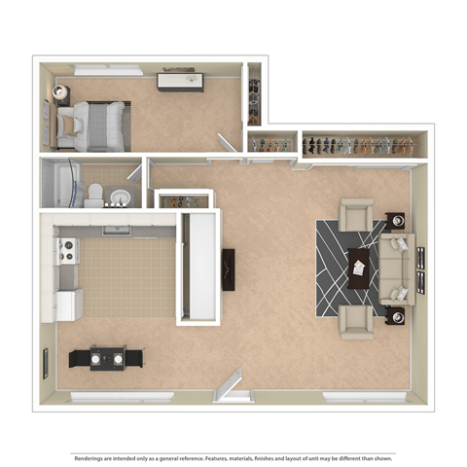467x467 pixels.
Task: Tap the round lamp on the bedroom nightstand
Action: point(60,92)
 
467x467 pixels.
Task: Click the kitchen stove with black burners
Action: point(67,252)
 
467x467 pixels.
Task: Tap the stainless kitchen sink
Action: point(117,231)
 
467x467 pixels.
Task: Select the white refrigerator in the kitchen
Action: point(68,304)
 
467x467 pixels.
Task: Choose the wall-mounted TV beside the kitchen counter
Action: point(229,269)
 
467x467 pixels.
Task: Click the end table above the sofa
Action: point(396,221)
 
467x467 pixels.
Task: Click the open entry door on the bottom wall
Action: point(231,385)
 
